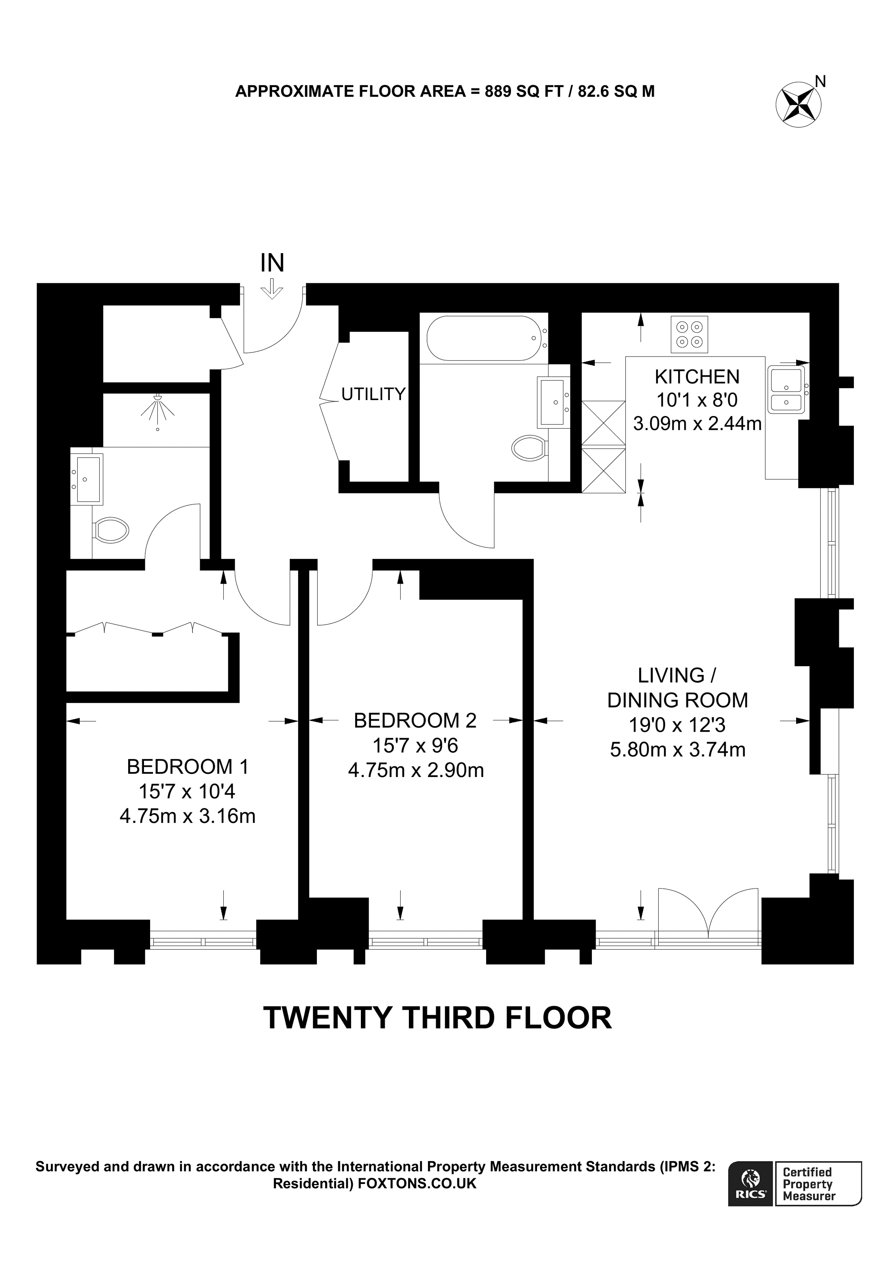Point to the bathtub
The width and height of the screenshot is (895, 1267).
tap(482, 338)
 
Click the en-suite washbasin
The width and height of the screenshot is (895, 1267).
tap(87, 479)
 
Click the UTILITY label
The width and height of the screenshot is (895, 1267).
tap(373, 394)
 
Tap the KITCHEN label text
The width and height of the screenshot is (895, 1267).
tap(697, 377)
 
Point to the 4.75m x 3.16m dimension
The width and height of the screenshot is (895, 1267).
tap(188, 816)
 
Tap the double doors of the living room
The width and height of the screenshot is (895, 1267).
tap(709, 915)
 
